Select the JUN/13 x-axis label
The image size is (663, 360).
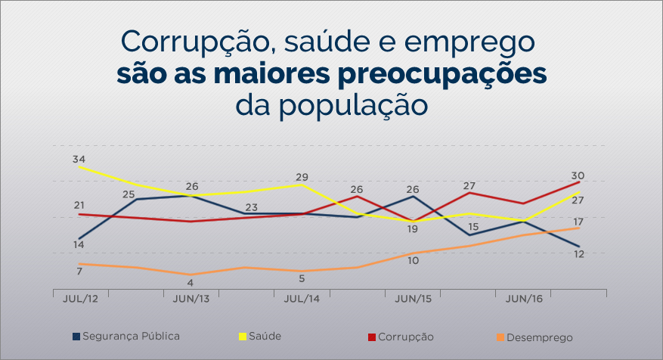tap(191, 299)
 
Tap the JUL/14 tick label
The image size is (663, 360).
tap(302, 299)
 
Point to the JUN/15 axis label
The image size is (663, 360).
tap(413, 299)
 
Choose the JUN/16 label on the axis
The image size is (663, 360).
tap(523, 299)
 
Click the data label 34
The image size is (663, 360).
tap(79, 160)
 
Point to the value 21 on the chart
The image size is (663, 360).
tap(79, 205)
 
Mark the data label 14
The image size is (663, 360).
tap(79, 244)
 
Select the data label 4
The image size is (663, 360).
tap(191, 283)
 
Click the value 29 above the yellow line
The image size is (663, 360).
tap(302, 175)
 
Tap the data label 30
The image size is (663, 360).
tap(578, 175)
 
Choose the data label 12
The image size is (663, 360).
tap(579, 254)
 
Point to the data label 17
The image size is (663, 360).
tap(578, 222)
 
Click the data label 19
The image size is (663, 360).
tap(413, 228)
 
